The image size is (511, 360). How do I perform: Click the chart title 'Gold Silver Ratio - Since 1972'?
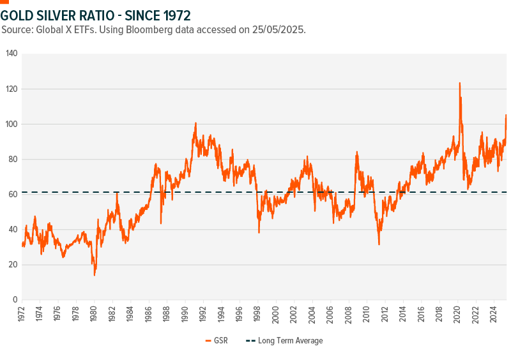[x=95, y=14]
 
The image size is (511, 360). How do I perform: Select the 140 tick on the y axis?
[x=11, y=54]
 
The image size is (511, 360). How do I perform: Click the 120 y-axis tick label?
[x=11, y=89]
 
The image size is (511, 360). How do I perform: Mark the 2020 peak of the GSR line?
[x=459, y=83]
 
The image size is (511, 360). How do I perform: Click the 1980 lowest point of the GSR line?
[x=95, y=274]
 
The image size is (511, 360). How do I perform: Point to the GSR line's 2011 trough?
[x=379, y=244]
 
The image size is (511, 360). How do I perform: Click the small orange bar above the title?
[x=4, y=2]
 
